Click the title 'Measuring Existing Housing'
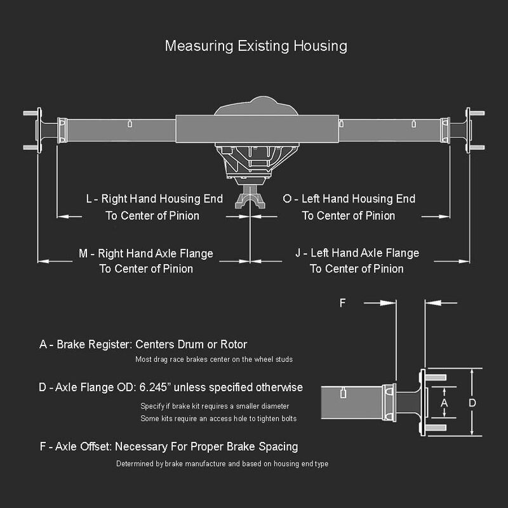click(x=256, y=46)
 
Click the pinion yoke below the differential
click(x=250, y=197)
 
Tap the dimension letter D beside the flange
click(x=472, y=403)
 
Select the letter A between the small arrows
click(x=444, y=403)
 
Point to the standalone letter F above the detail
click(x=342, y=303)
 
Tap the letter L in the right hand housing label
click(x=89, y=199)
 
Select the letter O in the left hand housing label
click(x=287, y=199)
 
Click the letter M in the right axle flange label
click(x=83, y=253)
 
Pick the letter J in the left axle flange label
click(x=298, y=253)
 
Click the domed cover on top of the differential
click(x=256, y=106)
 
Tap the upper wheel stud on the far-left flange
click(x=30, y=113)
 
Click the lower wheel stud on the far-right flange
click(x=478, y=147)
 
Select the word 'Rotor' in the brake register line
click(x=234, y=344)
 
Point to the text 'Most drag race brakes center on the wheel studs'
click(x=214, y=359)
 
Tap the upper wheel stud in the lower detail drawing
click(x=436, y=377)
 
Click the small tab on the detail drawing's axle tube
click(x=344, y=394)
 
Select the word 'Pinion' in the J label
click(x=389, y=269)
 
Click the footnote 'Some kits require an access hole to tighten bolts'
click(x=218, y=418)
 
